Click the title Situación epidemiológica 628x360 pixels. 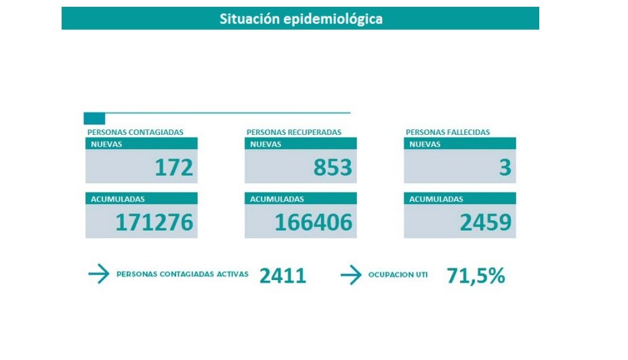point(301,19)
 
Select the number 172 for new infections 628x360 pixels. point(174,167)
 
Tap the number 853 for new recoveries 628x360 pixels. point(333,167)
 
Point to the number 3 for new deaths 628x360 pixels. point(505,167)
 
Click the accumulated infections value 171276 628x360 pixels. point(154,222)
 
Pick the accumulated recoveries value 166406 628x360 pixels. point(314,222)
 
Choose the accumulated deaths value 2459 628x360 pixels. point(485,222)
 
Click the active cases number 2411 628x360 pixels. point(282,275)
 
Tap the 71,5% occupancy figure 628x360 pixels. point(476,275)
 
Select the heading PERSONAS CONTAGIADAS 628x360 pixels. point(135,132)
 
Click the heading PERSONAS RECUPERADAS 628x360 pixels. point(294,132)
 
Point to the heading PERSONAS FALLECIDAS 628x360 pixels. point(447,132)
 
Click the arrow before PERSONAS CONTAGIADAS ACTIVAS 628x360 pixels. point(99,275)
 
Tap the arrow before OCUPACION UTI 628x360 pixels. point(350,275)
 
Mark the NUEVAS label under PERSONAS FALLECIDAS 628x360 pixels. point(425,144)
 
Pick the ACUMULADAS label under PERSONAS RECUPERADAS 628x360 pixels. point(277,199)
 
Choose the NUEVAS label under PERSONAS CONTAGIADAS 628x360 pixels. point(106,144)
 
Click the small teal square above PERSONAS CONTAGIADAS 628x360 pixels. point(94,119)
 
